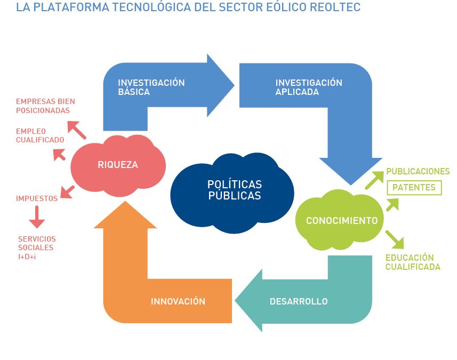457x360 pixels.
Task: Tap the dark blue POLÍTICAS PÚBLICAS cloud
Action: (x=232, y=193)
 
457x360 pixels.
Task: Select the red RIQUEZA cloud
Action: (x=118, y=165)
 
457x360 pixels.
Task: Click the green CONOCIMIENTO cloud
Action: (x=340, y=220)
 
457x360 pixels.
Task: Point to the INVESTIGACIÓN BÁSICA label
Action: (x=151, y=87)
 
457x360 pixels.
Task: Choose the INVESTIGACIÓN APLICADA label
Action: (x=309, y=87)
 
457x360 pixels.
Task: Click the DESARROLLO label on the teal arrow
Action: (x=299, y=301)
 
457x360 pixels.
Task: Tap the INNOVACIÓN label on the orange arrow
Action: (x=178, y=301)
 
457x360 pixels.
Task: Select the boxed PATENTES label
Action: (x=414, y=187)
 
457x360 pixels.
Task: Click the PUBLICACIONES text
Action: (x=418, y=171)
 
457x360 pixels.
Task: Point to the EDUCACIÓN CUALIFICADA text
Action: (x=413, y=262)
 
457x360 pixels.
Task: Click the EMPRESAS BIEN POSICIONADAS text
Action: (x=45, y=106)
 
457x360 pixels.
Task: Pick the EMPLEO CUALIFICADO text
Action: (x=40, y=135)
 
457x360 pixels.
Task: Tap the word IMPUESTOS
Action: (x=37, y=198)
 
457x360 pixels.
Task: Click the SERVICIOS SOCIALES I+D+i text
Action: (x=37, y=248)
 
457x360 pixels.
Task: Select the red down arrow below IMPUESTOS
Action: (x=37, y=217)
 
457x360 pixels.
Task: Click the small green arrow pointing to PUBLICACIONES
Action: (x=375, y=180)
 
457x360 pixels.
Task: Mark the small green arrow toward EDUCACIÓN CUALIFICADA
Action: (x=395, y=239)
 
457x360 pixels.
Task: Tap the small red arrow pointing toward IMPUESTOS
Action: (x=67, y=192)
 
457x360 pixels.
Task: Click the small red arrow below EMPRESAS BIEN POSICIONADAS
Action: (x=77, y=130)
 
